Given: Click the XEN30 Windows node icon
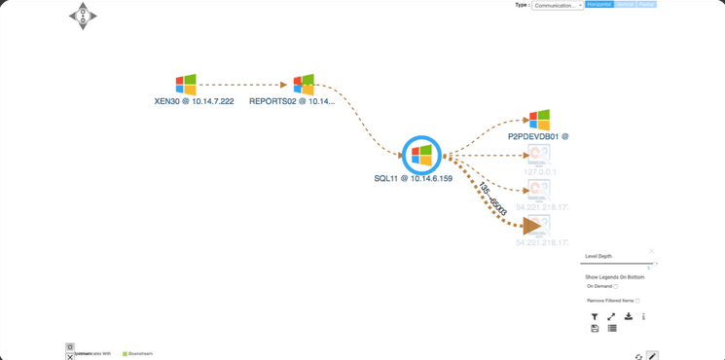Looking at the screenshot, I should point(186,85).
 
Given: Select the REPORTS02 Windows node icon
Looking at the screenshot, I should point(304,85).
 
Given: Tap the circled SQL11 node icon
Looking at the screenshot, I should point(421,155).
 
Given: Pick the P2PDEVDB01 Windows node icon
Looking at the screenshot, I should point(539,121).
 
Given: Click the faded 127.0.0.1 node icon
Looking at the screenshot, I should point(538,156).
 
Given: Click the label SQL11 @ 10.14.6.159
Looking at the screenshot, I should point(413,179).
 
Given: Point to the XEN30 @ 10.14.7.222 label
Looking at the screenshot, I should point(194,101).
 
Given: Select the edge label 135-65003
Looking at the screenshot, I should point(491,198).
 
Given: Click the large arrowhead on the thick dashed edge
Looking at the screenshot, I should point(531,226).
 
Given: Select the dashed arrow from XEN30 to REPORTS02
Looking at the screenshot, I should point(243,85).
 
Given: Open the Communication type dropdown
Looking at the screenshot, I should point(558,5).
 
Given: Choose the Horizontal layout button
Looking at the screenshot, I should point(599,5).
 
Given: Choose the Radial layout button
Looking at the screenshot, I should point(647,5).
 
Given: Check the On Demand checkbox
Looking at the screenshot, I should point(616,287).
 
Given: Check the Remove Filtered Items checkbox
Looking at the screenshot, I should point(637,301).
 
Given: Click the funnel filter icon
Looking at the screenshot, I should point(595,317).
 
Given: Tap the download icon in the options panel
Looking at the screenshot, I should point(628,316).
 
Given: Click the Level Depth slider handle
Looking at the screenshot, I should point(657,263).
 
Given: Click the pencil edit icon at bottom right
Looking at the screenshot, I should point(652,356).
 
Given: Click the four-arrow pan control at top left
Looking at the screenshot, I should point(83,16).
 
